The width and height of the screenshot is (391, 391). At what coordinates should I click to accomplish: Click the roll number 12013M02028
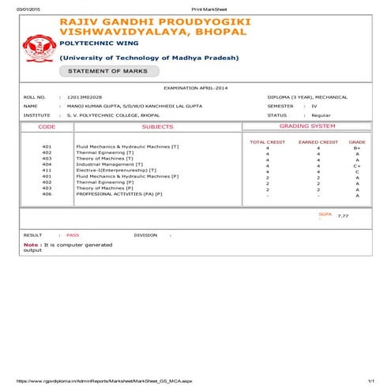[x=85, y=96]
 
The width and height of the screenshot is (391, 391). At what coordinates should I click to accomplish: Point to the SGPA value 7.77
[x=342, y=215]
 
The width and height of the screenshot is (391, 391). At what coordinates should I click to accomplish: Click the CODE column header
[x=47, y=126]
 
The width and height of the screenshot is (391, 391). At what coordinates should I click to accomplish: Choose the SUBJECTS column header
[x=156, y=126]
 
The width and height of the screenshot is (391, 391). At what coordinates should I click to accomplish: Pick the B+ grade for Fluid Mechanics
[x=357, y=148]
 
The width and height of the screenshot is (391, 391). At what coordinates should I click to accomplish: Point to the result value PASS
[x=73, y=235]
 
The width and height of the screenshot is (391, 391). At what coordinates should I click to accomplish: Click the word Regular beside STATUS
[x=321, y=115]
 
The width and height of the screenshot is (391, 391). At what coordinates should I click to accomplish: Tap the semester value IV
[x=314, y=105]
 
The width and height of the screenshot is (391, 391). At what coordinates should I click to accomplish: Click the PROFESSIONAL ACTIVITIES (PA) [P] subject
[x=118, y=194]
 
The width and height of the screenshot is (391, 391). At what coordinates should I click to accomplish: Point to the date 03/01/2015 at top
[x=17, y=7]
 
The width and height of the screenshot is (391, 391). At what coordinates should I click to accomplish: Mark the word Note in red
[x=31, y=245]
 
